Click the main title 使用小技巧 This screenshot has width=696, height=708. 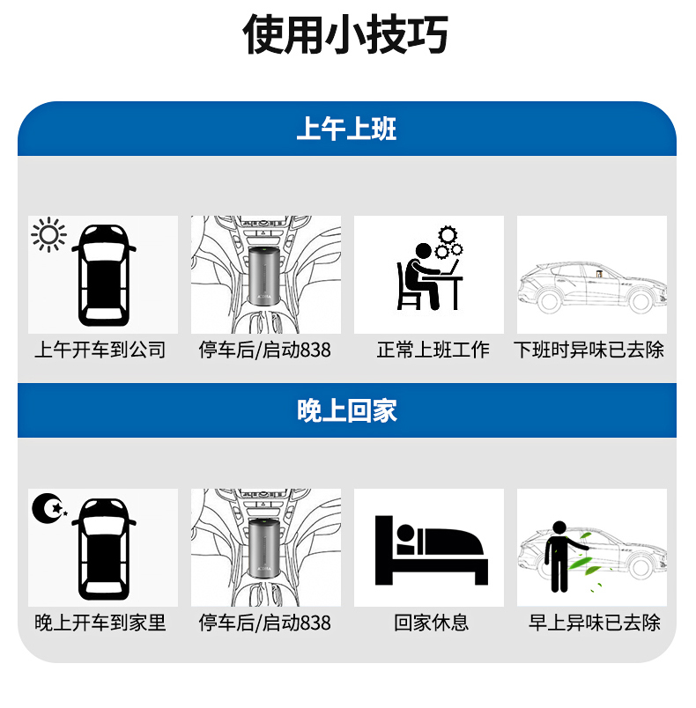[x=345, y=34]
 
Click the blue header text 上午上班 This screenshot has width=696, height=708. [x=346, y=129]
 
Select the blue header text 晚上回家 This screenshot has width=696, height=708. [x=347, y=410]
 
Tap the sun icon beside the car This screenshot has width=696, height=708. [x=48, y=235]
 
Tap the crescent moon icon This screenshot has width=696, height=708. [x=48, y=508]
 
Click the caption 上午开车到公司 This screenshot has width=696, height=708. [x=100, y=350]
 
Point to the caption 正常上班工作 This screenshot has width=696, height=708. [x=433, y=350]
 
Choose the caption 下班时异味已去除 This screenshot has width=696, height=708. [x=589, y=350]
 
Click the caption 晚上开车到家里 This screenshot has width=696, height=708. [x=100, y=623]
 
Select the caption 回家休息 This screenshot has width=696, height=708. [x=432, y=623]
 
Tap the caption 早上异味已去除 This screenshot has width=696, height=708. [x=595, y=623]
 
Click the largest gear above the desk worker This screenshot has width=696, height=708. [x=448, y=235]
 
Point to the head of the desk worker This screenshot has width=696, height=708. [x=424, y=251]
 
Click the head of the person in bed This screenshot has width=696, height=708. [x=405, y=533]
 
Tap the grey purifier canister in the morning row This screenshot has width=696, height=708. [x=264, y=276]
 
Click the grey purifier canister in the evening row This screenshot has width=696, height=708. [x=264, y=548]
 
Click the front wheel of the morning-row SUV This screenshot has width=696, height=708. [x=548, y=301]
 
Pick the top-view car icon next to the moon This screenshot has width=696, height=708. [x=104, y=549]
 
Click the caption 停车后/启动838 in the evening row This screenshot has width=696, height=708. [x=264, y=623]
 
